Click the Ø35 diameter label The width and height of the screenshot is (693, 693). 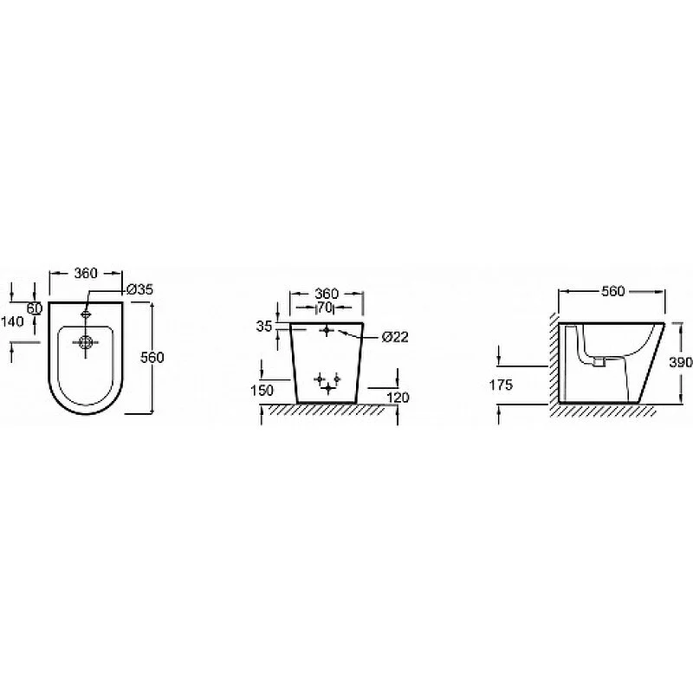[x=139, y=289]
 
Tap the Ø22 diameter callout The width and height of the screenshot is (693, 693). [x=395, y=337]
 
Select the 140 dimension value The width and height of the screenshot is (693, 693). [x=12, y=321]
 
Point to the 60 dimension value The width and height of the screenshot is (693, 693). [x=35, y=308]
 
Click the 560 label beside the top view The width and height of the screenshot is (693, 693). [x=152, y=357]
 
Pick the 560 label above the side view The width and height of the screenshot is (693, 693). [x=613, y=291]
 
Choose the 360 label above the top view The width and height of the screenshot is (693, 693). [x=85, y=273]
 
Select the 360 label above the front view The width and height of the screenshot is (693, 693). [x=327, y=294]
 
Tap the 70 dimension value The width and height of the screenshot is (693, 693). [x=325, y=308]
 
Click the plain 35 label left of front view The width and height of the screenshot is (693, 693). [x=264, y=327]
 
